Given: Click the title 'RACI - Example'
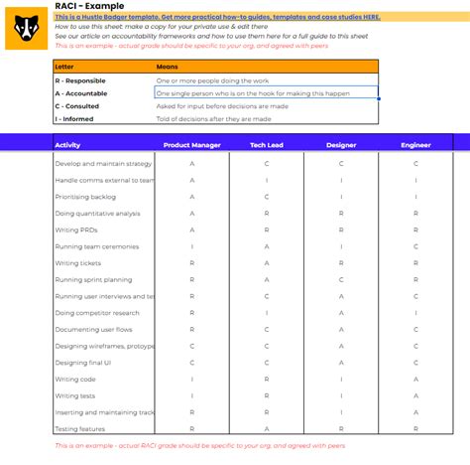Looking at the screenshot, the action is click(90, 6).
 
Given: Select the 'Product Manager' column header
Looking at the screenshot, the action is click(191, 145).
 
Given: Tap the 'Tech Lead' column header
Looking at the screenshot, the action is click(267, 145).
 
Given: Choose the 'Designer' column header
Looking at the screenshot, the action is click(341, 145).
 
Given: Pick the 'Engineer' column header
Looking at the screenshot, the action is click(415, 145).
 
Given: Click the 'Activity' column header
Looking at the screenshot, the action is click(67, 145).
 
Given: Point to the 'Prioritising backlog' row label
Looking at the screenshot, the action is click(85, 197).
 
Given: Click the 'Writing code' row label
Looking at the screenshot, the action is click(74, 379).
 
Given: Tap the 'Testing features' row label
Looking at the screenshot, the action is click(79, 428).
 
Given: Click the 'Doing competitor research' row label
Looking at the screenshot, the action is click(97, 313).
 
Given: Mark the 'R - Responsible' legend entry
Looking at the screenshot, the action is click(81, 79).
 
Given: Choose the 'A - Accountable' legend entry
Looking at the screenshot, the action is click(81, 92).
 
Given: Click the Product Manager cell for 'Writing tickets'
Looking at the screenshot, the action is click(191, 263).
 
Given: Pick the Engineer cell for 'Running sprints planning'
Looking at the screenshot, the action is click(415, 279).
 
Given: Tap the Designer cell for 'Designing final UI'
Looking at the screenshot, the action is click(341, 363).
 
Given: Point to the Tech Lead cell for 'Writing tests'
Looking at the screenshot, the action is click(267, 395).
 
